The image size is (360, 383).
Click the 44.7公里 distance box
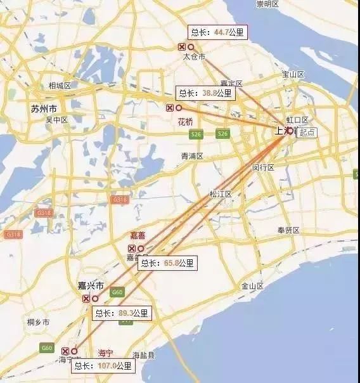coord(217,32)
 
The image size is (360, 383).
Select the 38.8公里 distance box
coord(205,93)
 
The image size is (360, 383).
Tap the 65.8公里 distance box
coord(167,263)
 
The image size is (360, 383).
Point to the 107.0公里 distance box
coord(103,365)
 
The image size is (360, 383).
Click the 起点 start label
coord(308,133)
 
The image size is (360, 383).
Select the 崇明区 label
coord(267,4)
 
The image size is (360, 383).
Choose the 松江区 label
coord(221,194)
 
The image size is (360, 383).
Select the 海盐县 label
coord(143,354)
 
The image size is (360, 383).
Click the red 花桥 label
coord(185,121)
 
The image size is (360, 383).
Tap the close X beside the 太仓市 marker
coord(182,47)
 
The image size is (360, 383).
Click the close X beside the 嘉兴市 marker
coord(86,299)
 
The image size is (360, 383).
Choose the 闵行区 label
coord(262,168)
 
